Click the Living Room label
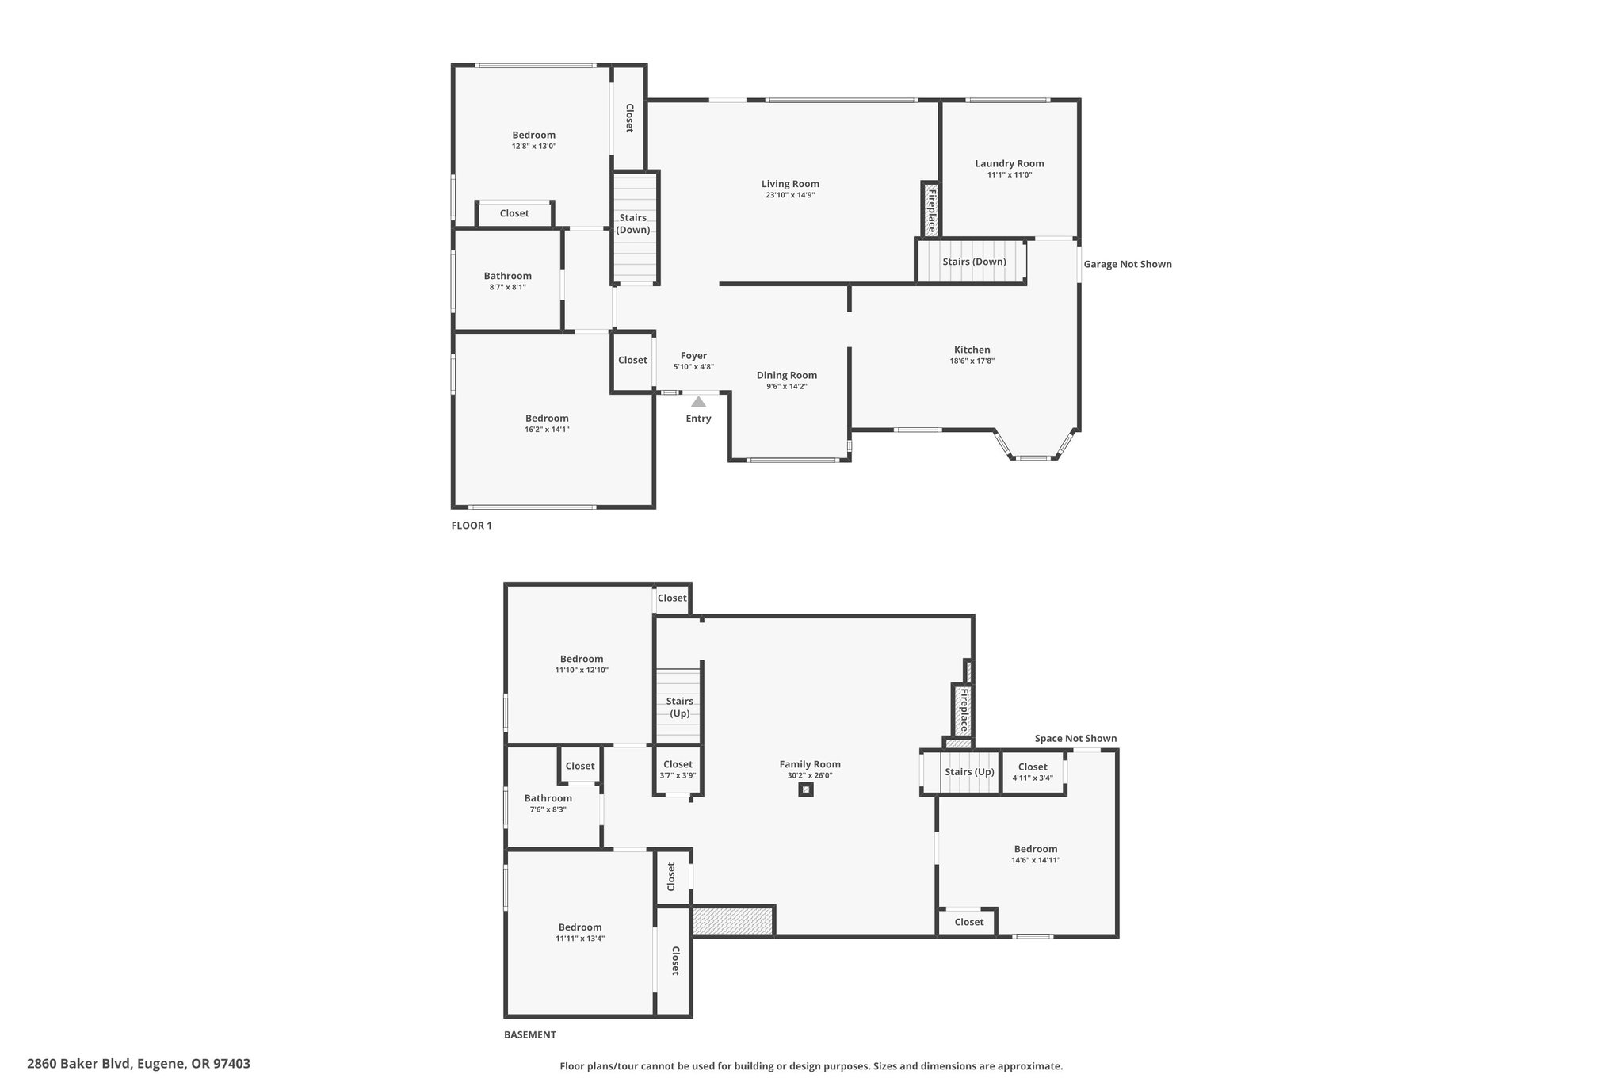tap(790, 184)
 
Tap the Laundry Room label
tap(1010, 163)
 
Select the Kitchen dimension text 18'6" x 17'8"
tap(972, 361)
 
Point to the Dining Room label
tap(787, 375)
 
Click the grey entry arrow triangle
tap(698, 402)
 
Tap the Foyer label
tap(693, 356)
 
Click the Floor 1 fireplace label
tap(932, 211)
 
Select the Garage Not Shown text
tap(1128, 264)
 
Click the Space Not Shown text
tap(1075, 738)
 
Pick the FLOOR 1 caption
tap(472, 526)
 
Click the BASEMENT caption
tap(530, 1034)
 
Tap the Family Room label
tap(810, 764)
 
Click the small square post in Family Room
tap(806, 790)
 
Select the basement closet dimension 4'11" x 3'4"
tap(1033, 778)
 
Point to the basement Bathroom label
tap(548, 798)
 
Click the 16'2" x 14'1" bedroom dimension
tap(547, 430)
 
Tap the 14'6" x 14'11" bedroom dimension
tap(1036, 860)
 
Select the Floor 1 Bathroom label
tap(508, 276)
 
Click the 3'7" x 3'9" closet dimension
tap(678, 775)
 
